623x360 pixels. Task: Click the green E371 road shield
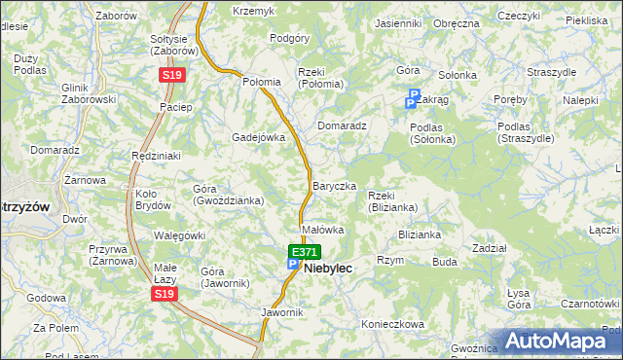pos(304,251)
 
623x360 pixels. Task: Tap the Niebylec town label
pos(328,268)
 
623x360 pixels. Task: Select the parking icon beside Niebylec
pos(292,264)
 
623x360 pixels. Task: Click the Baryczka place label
pos(334,185)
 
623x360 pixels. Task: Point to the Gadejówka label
pos(258,137)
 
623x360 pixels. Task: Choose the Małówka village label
pos(323,230)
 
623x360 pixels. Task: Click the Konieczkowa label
pos(393,324)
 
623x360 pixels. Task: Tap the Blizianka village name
pos(420,234)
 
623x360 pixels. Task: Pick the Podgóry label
pos(289,38)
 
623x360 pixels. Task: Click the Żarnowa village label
pos(85,180)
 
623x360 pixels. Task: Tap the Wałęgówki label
pos(179,235)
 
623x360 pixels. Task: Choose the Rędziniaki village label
pos(156,156)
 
